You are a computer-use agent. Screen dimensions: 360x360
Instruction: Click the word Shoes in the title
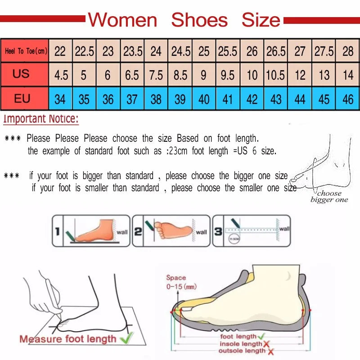coord(199,20)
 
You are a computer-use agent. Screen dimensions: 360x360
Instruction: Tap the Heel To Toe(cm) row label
coord(26,51)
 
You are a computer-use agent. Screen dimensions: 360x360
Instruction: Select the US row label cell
coord(21,74)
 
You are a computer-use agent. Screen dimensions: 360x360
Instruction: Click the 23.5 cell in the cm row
coord(132,51)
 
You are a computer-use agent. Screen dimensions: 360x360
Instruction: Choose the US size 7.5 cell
coord(156,75)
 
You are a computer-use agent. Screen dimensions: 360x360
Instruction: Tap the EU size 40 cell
coord(204,99)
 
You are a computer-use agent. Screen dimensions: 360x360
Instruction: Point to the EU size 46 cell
coord(348,99)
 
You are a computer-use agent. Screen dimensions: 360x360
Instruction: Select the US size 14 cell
coord(348,75)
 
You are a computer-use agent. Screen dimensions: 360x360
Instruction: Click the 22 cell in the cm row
coord(60,51)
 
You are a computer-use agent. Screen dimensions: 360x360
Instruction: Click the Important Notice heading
coord(41,120)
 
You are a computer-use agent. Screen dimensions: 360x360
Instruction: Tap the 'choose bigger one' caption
coord(329,196)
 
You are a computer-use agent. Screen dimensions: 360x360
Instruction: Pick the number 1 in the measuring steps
coord(58,232)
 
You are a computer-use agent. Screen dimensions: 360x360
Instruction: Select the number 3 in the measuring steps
coord(218,232)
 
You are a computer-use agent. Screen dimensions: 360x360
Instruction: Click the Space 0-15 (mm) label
coord(180,282)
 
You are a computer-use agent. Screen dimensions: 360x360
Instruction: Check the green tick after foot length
coord(261,336)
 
